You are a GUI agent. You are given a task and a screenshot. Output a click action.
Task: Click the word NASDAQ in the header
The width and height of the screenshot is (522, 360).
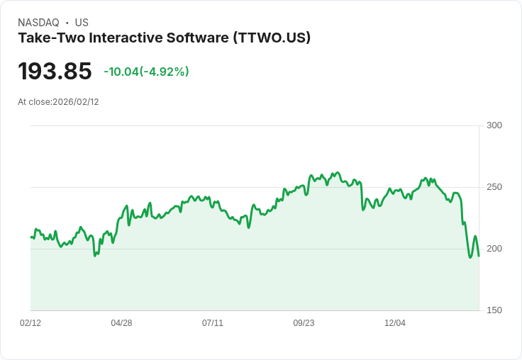coord(38,23)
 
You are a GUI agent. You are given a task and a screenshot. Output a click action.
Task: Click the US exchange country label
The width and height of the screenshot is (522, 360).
coord(82,23)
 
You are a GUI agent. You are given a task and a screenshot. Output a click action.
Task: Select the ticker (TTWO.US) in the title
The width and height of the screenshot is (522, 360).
coord(272,38)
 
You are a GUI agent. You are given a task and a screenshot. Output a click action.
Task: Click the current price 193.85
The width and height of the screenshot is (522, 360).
coord(55,72)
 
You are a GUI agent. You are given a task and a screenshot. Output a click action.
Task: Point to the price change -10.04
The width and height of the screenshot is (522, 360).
coord(121,72)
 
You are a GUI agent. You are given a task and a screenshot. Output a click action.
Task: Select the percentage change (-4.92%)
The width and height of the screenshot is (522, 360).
coord(165,72)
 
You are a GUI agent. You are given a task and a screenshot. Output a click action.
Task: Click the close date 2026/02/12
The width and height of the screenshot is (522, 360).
coord(76,102)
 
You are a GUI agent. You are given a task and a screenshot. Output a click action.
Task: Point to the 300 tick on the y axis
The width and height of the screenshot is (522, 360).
coord(494,125)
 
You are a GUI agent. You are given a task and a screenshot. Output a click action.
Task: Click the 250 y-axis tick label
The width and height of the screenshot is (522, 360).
coord(494,187)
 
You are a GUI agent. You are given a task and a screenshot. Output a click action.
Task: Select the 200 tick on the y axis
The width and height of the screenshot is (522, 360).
coord(494,249)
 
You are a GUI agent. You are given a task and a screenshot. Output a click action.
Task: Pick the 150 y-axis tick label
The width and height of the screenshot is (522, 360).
coord(494,310)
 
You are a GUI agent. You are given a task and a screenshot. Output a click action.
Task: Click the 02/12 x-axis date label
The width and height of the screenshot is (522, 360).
coord(30,323)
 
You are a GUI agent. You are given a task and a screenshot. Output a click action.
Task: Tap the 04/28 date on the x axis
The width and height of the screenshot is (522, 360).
coord(121,323)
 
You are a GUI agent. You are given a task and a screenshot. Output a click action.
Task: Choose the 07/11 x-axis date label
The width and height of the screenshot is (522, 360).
coord(213,323)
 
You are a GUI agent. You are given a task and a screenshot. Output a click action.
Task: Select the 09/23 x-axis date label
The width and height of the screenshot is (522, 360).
coord(304,323)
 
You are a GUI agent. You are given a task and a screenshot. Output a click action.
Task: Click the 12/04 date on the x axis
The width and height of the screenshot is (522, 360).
coord(395,323)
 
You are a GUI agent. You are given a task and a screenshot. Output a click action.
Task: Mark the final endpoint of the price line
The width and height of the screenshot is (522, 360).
coord(479,256)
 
